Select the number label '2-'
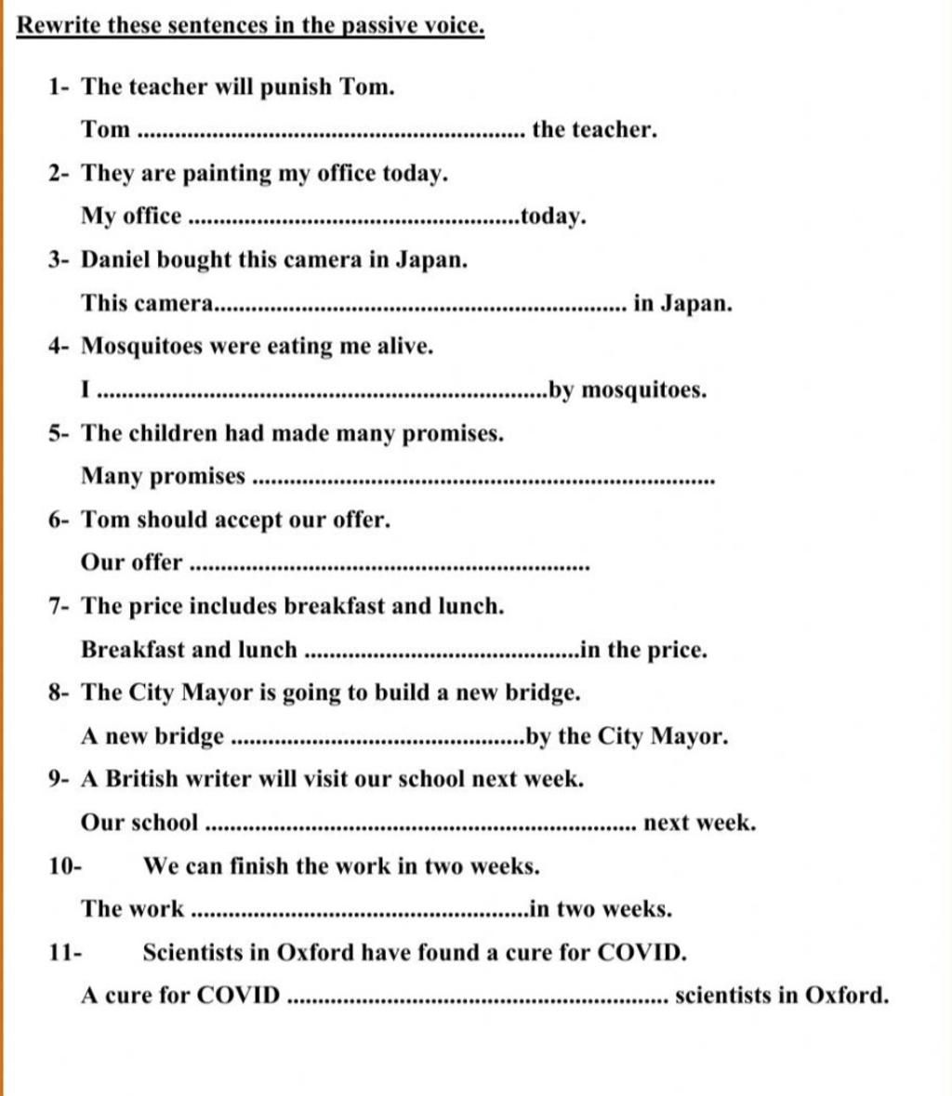click(x=60, y=173)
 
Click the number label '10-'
click(x=65, y=866)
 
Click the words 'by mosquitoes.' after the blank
click(x=628, y=390)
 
